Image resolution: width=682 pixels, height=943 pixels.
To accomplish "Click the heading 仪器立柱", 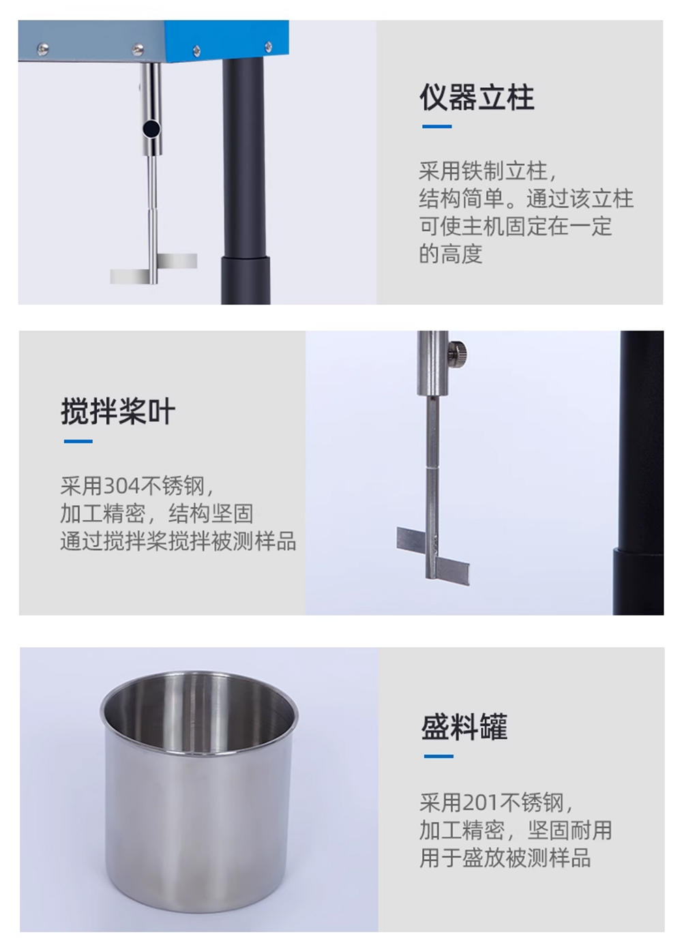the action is [x=477, y=98].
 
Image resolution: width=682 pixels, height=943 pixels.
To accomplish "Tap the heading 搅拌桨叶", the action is [x=118, y=411].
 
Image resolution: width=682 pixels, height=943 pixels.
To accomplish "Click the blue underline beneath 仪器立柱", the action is [x=437, y=126].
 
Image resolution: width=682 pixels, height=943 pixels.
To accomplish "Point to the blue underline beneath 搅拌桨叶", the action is [x=78, y=441].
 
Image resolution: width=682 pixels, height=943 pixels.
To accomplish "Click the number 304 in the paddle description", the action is [x=121, y=486].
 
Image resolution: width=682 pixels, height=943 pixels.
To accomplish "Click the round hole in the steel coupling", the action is [x=151, y=127].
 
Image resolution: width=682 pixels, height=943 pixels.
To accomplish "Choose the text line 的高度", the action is [x=450, y=254].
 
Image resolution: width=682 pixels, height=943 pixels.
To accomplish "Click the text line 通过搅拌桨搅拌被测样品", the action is [x=178, y=541].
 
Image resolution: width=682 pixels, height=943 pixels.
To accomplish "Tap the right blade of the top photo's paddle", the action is [x=177, y=261].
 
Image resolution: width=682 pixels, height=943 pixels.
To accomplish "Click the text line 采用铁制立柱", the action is [x=488, y=171].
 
